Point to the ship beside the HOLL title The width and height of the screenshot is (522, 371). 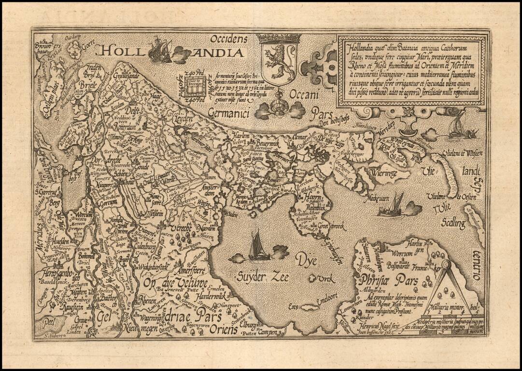click(161, 51)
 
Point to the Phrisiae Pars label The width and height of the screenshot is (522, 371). click(385, 280)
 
